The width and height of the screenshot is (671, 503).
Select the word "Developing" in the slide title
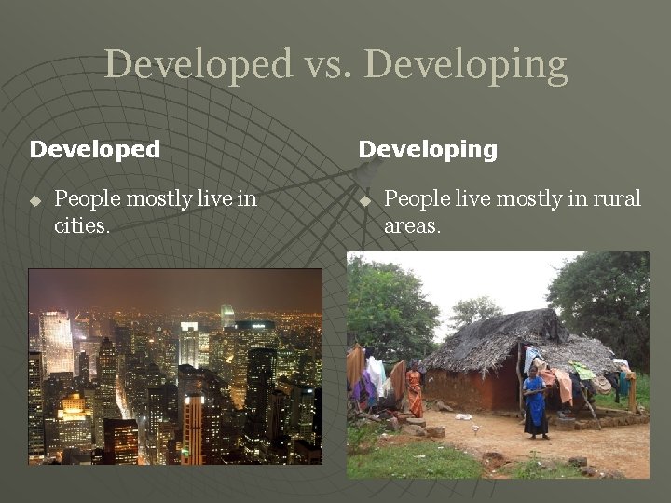coord(465,65)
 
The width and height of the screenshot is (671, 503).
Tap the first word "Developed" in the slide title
coord(198,64)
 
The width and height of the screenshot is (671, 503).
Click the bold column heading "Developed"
coord(95,149)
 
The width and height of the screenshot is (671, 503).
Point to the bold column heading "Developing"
coord(428,149)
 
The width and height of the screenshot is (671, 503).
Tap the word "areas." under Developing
coord(412,225)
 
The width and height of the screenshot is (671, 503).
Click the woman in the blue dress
coord(535,402)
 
